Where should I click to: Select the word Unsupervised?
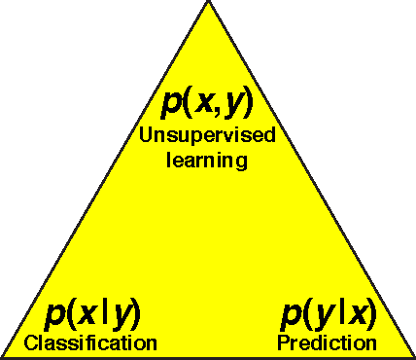point(207,134)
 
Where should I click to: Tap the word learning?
point(207,158)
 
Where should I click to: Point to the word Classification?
point(89,342)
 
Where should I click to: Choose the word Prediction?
point(327,342)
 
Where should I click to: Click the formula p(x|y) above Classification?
point(93,314)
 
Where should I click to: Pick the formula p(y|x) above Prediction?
point(329,314)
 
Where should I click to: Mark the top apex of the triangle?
point(208,2)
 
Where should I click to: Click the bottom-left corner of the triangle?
point(3,356)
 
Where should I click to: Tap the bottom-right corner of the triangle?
point(413,356)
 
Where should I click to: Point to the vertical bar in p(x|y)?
point(102,313)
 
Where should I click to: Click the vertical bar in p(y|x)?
point(337,313)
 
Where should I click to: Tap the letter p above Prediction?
point(292,316)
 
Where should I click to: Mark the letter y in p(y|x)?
point(322,316)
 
